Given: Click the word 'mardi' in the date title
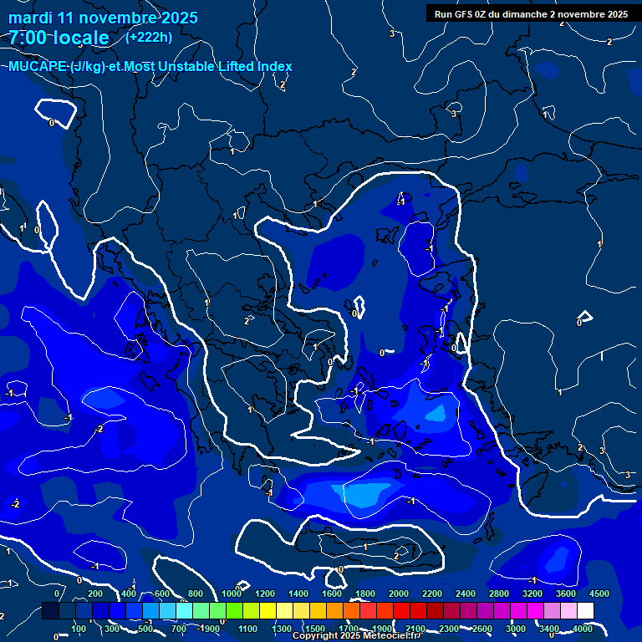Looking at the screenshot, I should tap(29, 17).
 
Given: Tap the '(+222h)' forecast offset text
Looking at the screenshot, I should tap(149, 37).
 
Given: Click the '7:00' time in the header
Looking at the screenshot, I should tap(28, 38).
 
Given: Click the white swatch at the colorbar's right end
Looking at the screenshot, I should tap(609, 612).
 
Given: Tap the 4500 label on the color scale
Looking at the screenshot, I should tap(599, 594).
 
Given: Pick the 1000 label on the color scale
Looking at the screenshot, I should tap(232, 594).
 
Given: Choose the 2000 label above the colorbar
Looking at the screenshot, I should tap(399, 594).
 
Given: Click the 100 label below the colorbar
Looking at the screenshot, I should tap(79, 629).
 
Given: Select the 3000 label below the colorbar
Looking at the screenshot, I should tap(516, 629).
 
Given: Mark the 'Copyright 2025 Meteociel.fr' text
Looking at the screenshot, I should tap(356, 636).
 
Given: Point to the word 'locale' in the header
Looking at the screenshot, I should tap(80, 38).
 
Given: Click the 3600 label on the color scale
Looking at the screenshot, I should tap(566, 594).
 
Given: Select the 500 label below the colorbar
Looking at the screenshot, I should tap(145, 629).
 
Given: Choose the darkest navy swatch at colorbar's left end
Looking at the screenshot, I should tap(50, 612).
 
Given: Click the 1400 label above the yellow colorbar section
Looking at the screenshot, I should tap(298, 594).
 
